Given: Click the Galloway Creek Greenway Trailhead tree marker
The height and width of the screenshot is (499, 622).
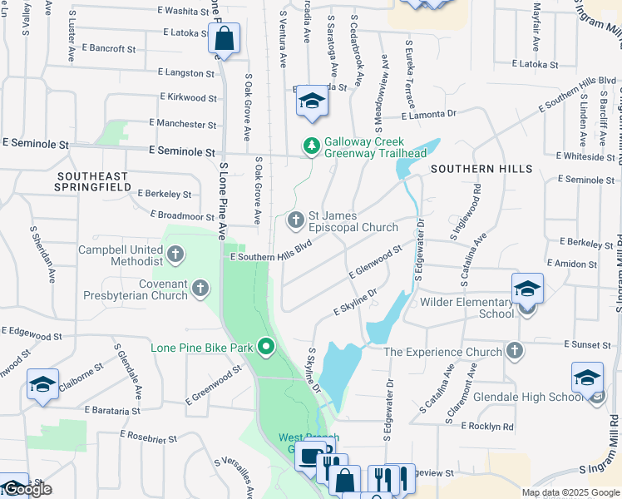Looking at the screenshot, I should pyautogui.click(x=312, y=146).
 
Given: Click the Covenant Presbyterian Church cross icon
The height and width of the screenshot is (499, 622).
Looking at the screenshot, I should pyautogui.click(x=200, y=289).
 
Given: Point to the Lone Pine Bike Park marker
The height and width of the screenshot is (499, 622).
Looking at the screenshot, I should pyautogui.click(x=266, y=346).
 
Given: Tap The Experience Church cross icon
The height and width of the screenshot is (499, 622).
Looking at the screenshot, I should pyautogui.click(x=515, y=350).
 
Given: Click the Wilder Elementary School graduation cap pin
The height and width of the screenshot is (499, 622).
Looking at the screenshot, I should pyautogui.click(x=527, y=289).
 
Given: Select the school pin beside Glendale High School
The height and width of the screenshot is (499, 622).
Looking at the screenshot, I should pyautogui.click(x=587, y=378).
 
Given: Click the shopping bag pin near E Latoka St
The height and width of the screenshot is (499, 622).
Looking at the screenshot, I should pyautogui.click(x=224, y=39).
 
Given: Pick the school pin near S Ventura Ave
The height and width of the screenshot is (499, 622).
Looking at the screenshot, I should pyautogui.click(x=312, y=101).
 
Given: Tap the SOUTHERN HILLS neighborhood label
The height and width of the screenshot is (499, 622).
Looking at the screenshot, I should pyautogui.click(x=481, y=169).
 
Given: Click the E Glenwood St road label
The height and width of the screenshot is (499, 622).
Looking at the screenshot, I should pyautogui.click(x=375, y=260).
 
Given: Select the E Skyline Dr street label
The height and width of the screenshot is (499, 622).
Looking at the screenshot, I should pyautogui.click(x=355, y=303).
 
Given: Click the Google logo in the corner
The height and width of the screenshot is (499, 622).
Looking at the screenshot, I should pyautogui.click(x=26, y=490).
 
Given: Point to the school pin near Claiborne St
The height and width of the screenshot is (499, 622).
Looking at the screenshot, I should pyautogui.click(x=42, y=385).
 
